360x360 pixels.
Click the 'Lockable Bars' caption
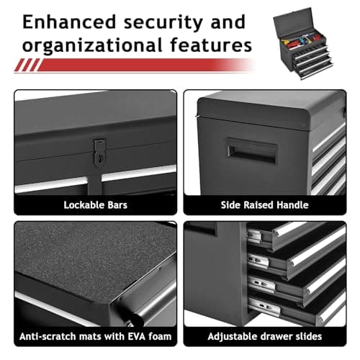(94, 205)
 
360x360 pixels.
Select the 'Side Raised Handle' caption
(264, 205)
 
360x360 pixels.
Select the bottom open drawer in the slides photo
(302, 310)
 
